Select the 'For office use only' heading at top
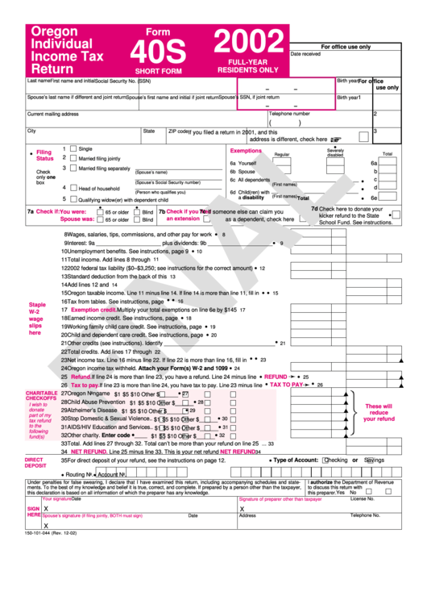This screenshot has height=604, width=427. [x=346, y=47]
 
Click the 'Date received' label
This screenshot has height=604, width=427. [x=305, y=54]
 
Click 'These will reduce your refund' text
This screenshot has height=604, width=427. [x=379, y=413]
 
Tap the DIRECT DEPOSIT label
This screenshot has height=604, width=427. [x=35, y=462]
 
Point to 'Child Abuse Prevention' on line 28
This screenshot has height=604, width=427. [x=96, y=402]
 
